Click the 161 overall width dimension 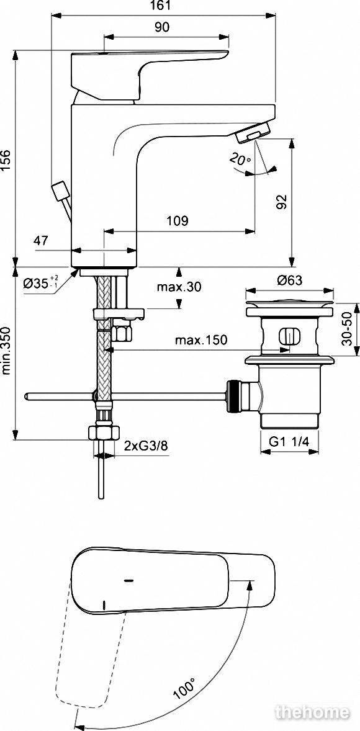(x=161, y=6)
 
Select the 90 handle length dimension (x=161, y=27)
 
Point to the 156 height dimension (x=6, y=160)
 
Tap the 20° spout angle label (x=240, y=159)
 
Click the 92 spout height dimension (x=281, y=202)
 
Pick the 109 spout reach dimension (x=178, y=221)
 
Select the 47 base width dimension (x=40, y=241)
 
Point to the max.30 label (x=179, y=287)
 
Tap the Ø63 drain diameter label (x=290, y=280)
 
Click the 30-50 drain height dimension (x=346, y=328)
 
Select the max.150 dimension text (x=201, y=340)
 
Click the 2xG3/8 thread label (x=146, y=446)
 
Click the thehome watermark (x=312, y=712)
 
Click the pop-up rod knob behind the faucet (x=60, y=191)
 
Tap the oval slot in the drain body (x=289, y=336)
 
